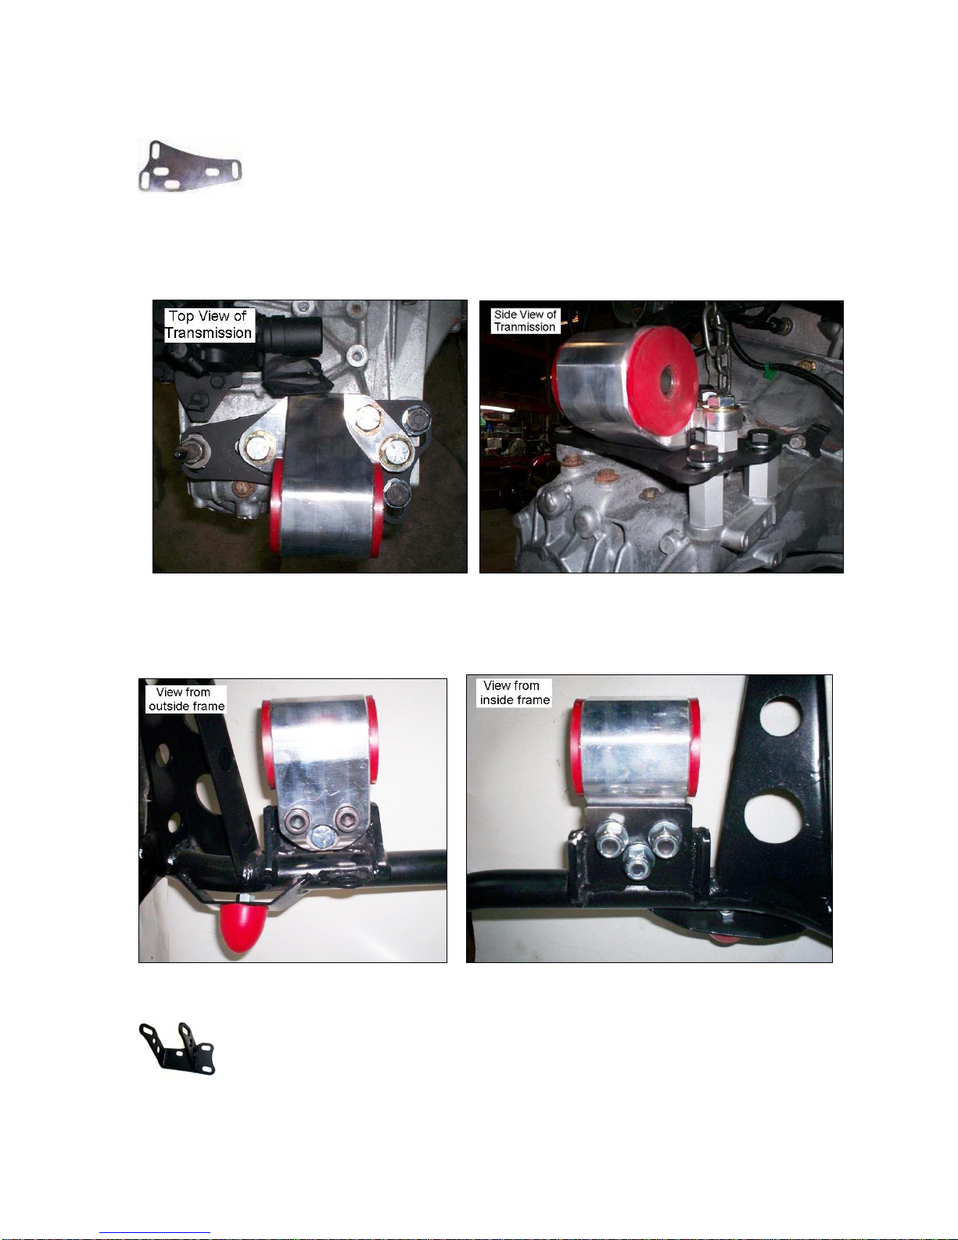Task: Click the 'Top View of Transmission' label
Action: (209, 325)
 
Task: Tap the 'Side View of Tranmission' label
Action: (526, 321)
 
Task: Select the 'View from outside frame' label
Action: (186, 699)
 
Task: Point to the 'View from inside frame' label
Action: (515, 692)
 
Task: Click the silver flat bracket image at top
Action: (190, 166)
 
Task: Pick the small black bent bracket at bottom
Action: (178, 1049)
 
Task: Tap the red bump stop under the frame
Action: (240, 926)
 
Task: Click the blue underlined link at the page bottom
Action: (155, 1233)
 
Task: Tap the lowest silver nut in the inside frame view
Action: (637, 868)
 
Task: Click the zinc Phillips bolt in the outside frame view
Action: (322, 836)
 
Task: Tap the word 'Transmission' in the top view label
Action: (209, 333)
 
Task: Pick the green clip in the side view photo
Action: (768, 372)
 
